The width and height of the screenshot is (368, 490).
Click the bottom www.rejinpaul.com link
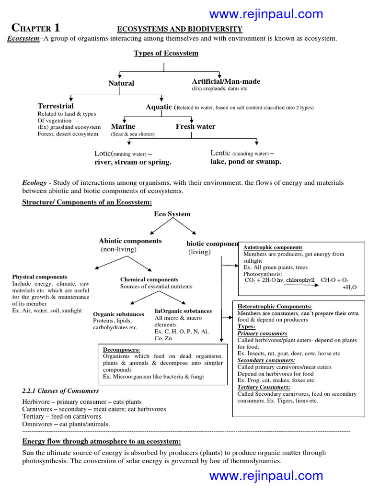tap(266, 475)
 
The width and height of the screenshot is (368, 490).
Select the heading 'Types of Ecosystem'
tap(166, 53)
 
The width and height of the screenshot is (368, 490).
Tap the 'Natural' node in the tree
tap(121, 83)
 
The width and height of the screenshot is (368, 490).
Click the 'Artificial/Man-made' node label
tap(226, 81)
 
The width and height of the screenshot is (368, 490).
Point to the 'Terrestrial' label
tap(56, 106)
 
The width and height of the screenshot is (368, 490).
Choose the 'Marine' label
tap(123, 127)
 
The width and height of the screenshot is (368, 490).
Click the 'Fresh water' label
tap(195, 127)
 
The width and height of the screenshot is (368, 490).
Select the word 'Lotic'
tap(103, 154)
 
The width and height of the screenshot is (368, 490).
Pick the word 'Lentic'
tap(220, 153)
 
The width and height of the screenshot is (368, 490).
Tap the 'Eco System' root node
tap(172, 214)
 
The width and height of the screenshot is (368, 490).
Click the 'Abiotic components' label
tap(130, 241)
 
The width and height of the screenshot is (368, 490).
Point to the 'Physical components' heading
tap(40, 277)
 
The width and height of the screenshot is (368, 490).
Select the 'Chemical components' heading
tap(149, 279)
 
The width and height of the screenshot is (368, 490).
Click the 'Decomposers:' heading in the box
tap(122, 350)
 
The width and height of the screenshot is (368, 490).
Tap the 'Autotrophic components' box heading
tap(273, 247)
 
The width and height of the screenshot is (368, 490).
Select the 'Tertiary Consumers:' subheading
tap(264, 387)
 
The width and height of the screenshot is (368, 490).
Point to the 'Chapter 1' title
tap(36, 27)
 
